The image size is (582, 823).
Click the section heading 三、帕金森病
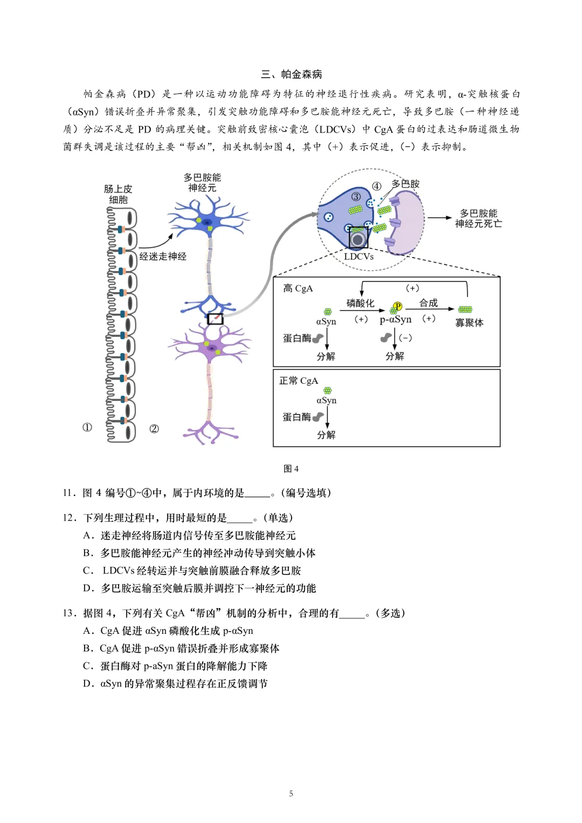coord(291,74)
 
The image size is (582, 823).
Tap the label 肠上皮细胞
coord(118,194)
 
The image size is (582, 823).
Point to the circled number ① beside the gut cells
coord(87,427)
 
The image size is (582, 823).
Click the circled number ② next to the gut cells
coord(154,428)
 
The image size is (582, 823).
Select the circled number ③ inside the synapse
coord(356,197)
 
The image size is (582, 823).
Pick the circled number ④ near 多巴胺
coord(377,186)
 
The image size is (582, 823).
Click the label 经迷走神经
coord(163,257)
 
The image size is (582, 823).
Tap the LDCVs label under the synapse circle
coord(358,257)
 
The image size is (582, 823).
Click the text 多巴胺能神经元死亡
coord(478,218)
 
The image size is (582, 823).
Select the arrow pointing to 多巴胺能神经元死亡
coord(440,218)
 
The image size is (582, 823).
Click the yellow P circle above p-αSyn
coord(398,306)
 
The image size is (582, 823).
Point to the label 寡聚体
coord(469,322)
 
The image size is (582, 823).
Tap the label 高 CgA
coord(297,288)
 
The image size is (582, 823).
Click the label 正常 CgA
coord(298,381)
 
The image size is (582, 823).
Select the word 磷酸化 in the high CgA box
coord(360,303)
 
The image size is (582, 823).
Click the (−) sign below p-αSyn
coord(405,338)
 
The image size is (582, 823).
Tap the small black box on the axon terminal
coord(215,319)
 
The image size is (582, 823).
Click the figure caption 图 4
coord(291,468)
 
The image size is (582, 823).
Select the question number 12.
coord(69,517)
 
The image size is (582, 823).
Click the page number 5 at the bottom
coord(291,793)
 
